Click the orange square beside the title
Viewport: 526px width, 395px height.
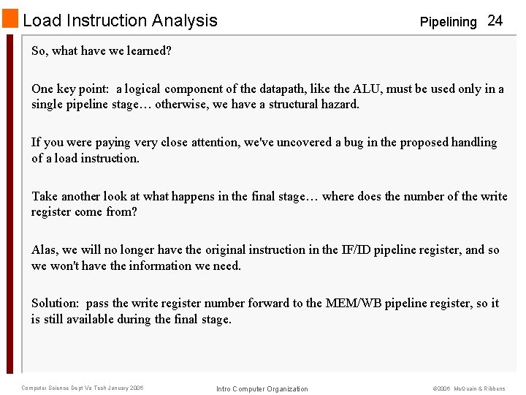10,20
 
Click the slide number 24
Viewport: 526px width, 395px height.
495,20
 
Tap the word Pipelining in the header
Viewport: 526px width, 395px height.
448,22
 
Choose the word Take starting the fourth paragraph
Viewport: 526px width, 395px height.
45,196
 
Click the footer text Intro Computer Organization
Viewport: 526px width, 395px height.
262,388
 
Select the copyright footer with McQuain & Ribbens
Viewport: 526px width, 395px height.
468,388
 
